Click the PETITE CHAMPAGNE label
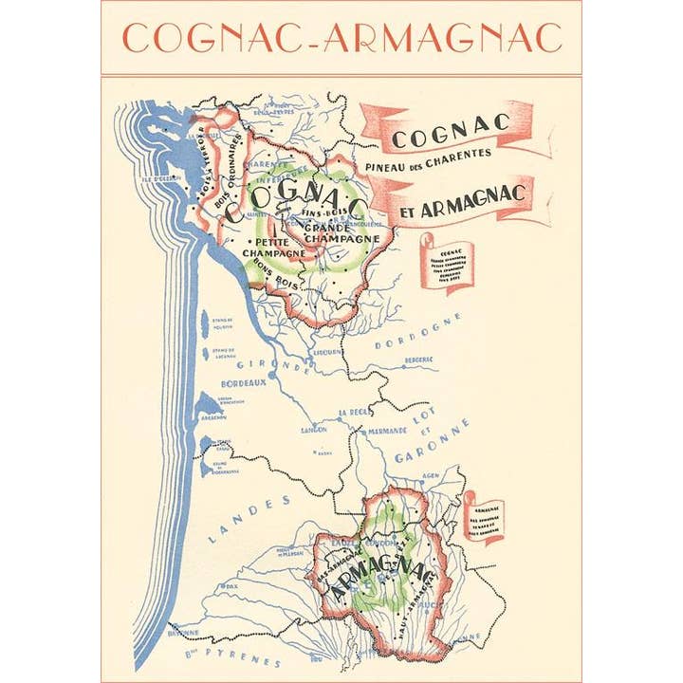pos(273,249)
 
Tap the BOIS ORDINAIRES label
pos(237,170)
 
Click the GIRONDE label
pos(275,364)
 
